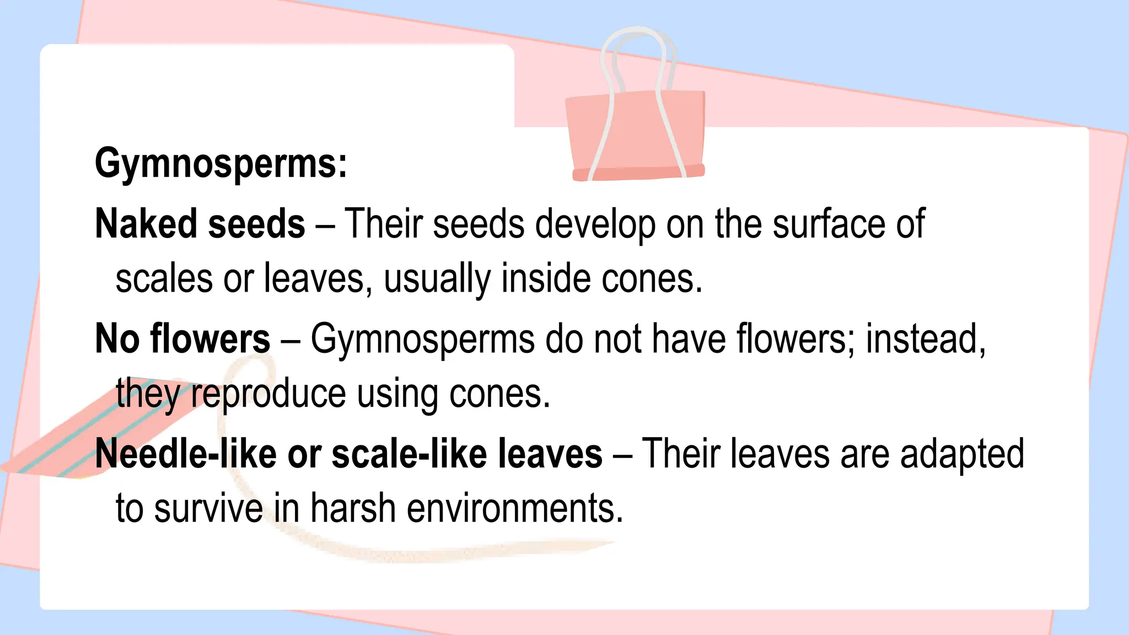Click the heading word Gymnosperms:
click(x=221, y=164)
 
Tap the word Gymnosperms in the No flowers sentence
click(x=423, y=340)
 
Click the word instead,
click(x=926, y=338)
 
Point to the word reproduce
click(x=268, y=395)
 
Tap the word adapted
click(x=962, y=455)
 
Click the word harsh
click(x=353, y=508)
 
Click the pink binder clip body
click(x=637, y=135)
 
